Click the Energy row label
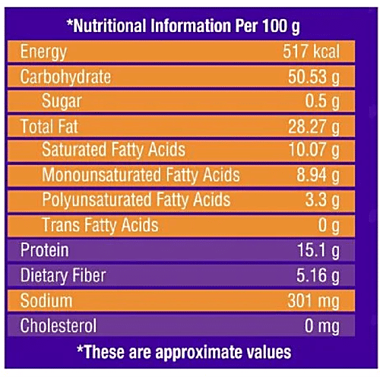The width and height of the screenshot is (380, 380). point(43,53)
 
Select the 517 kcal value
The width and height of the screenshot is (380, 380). point(309,53)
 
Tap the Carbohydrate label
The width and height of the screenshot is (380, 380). point(65,78)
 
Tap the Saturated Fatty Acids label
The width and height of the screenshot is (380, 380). point(113,150)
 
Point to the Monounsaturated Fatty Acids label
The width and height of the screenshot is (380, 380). point(141,176)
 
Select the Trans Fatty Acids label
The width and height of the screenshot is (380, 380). point(100,225)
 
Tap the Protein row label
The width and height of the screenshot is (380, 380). point(44,250)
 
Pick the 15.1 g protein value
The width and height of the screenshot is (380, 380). point(318,250)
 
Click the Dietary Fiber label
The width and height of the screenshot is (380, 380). point(63,274)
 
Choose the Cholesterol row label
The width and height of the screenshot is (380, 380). point(59,325)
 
